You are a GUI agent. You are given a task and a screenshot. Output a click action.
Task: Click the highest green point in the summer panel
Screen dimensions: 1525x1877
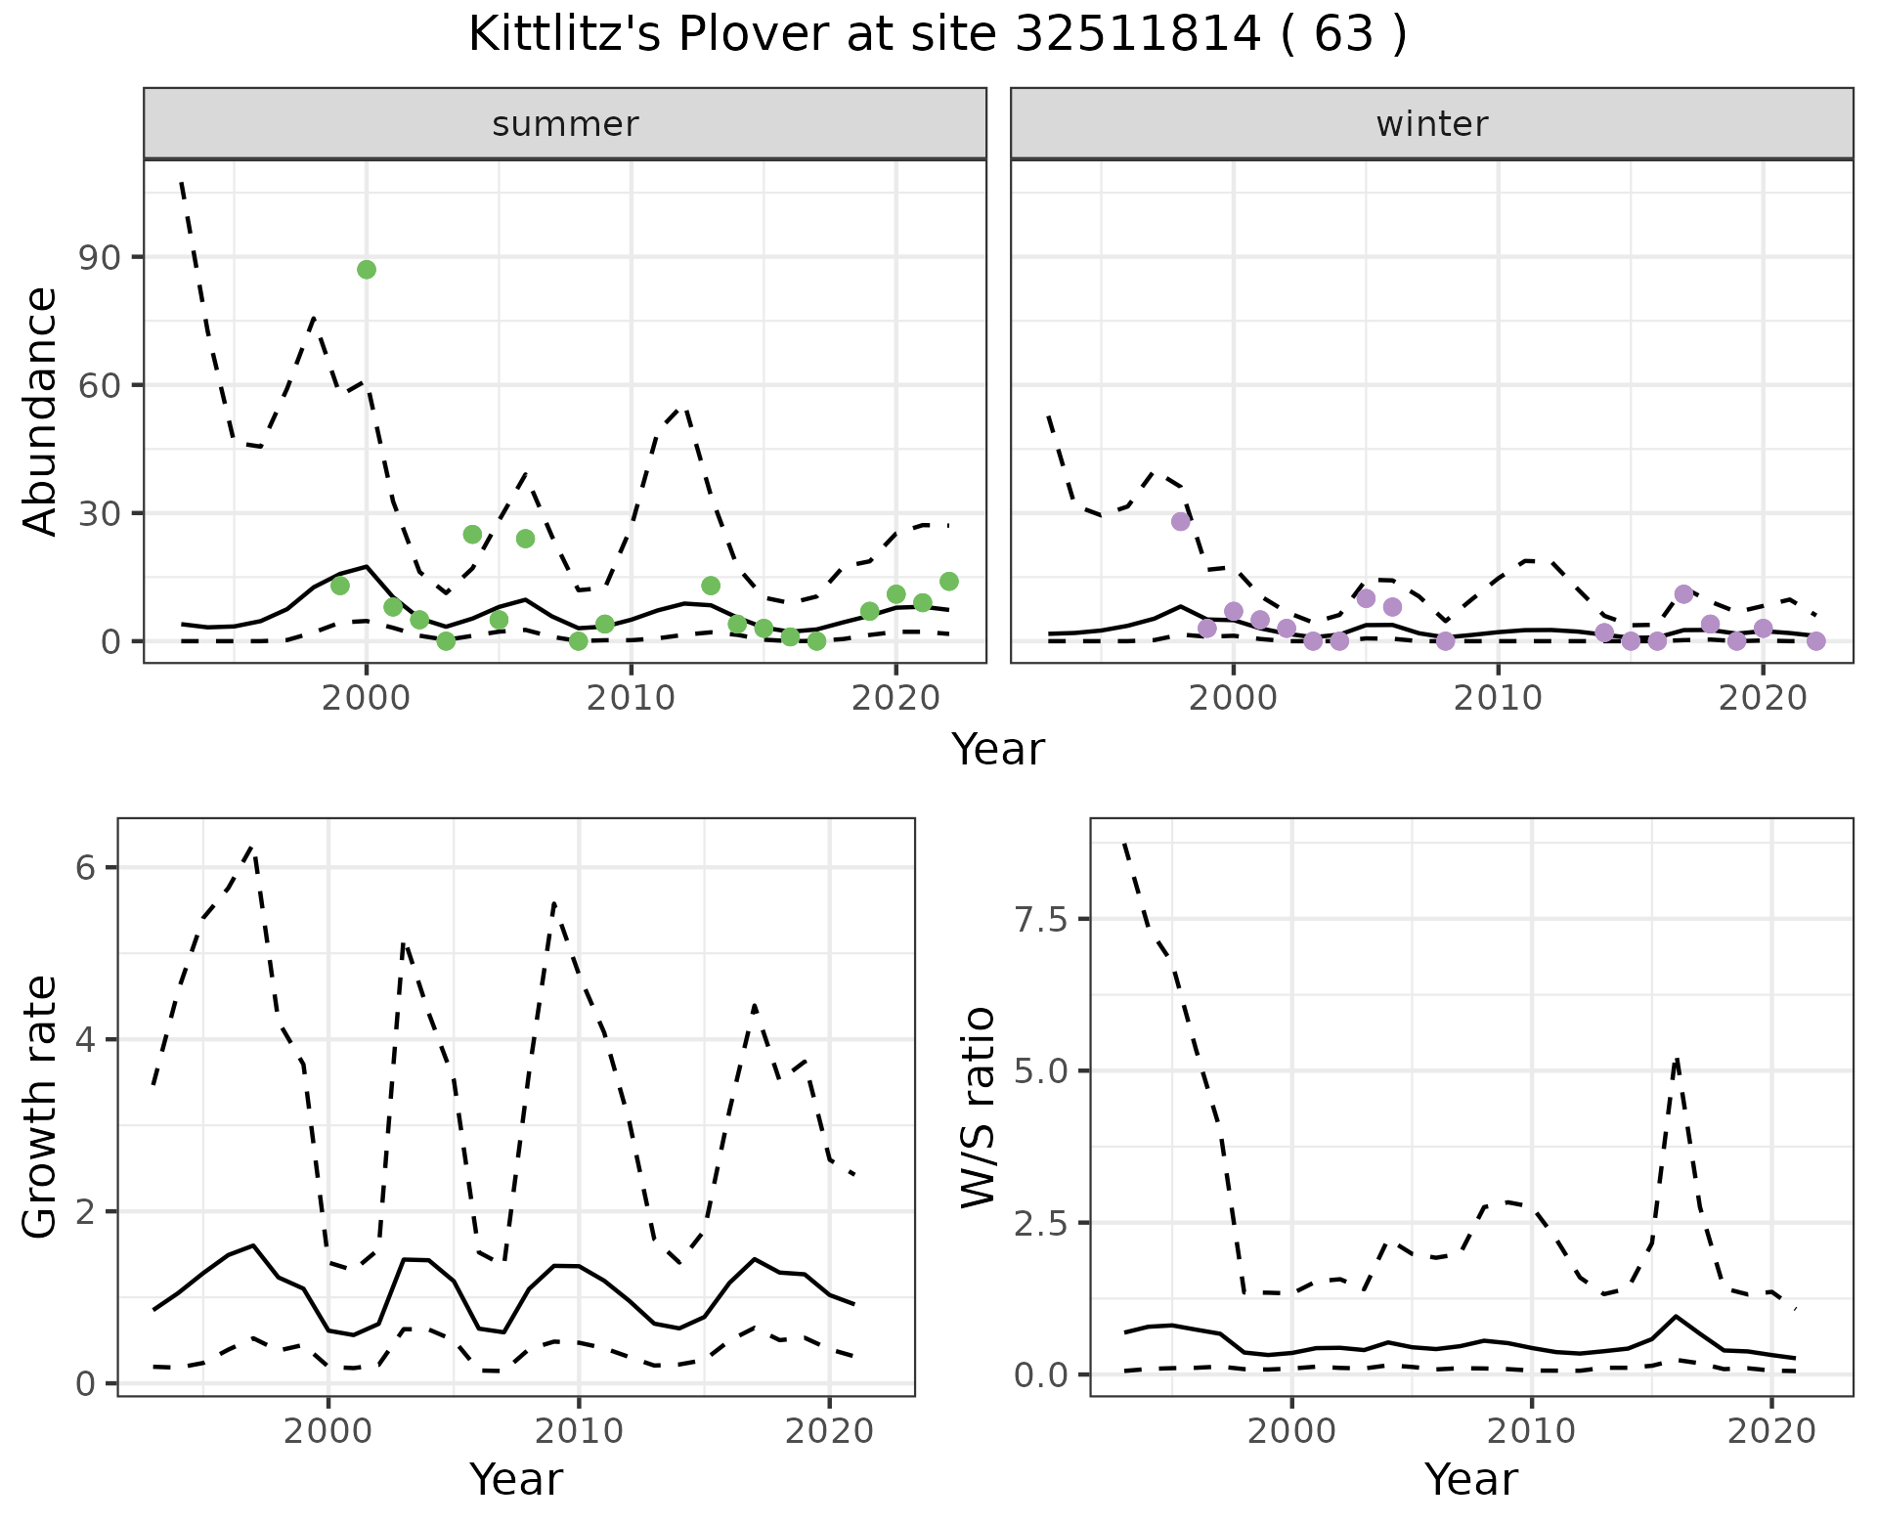(x=367, y=270)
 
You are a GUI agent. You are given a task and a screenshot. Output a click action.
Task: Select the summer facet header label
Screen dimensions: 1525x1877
(x=565, y=124)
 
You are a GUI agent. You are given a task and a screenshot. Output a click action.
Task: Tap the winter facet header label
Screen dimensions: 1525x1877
(x=1431, y=124)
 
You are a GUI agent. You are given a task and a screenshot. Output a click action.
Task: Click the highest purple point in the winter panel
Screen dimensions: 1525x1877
(x=1181, y=521)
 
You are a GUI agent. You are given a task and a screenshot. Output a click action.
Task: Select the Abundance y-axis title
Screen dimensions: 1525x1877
(x=41, y=412)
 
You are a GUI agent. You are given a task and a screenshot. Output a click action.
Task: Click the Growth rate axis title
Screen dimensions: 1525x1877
(x=41, y=1107)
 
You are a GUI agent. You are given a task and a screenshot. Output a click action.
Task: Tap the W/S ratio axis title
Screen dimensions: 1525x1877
(x=979, y=1107)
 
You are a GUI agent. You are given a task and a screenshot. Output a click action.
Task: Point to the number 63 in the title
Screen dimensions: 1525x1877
(x=1340, y=35)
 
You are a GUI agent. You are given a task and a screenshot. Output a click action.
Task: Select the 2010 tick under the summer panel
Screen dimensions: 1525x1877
(x=632, y=698)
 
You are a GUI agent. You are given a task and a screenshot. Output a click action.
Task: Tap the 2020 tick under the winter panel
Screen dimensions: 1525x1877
(x=1763, y=698)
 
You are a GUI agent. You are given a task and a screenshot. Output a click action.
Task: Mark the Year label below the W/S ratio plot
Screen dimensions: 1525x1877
(x=1470, y=1480)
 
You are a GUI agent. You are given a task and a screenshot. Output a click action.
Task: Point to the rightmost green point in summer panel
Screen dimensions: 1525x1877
(x=948, y=582)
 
